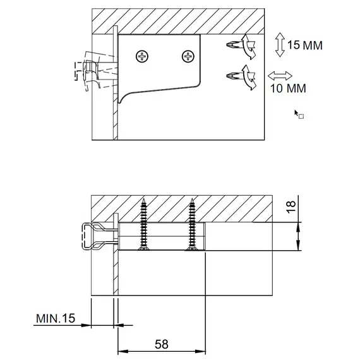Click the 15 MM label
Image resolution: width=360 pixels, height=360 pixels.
[305, 45]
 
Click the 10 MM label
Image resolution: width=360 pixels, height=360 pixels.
[288, 88]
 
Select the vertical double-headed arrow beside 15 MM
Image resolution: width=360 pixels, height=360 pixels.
[280, 45]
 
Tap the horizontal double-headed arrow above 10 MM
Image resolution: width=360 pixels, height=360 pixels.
[280, 76]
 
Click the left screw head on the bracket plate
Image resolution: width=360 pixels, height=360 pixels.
[142, 56]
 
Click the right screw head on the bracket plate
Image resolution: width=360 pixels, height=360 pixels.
[188, 56]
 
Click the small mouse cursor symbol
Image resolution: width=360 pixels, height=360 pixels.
[299, 114]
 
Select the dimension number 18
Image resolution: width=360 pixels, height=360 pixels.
[291, 207]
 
